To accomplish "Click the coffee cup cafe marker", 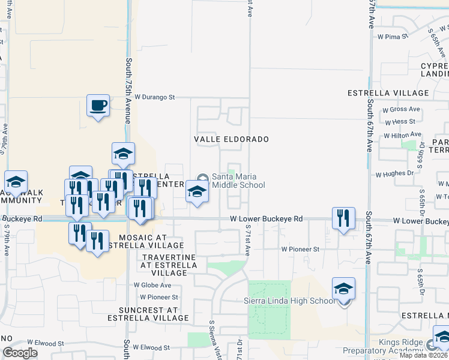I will coord(98,106).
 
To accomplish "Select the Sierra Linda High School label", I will coord(289,301).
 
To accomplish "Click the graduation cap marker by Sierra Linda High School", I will coord(343,290).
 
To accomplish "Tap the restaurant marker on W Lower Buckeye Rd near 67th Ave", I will coord(343,219).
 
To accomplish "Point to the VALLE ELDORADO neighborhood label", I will coord(231,139).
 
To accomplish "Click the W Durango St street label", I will coord(154,96).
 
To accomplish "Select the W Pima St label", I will coord(393,36).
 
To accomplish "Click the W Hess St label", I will coord(400,121).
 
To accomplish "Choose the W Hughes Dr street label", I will coord(394,174).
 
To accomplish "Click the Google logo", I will coord(20,353).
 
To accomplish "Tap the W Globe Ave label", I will coord(152,285).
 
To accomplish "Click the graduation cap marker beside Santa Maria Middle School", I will coord(197,192).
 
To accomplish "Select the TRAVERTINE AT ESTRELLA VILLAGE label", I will coord(168,265).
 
